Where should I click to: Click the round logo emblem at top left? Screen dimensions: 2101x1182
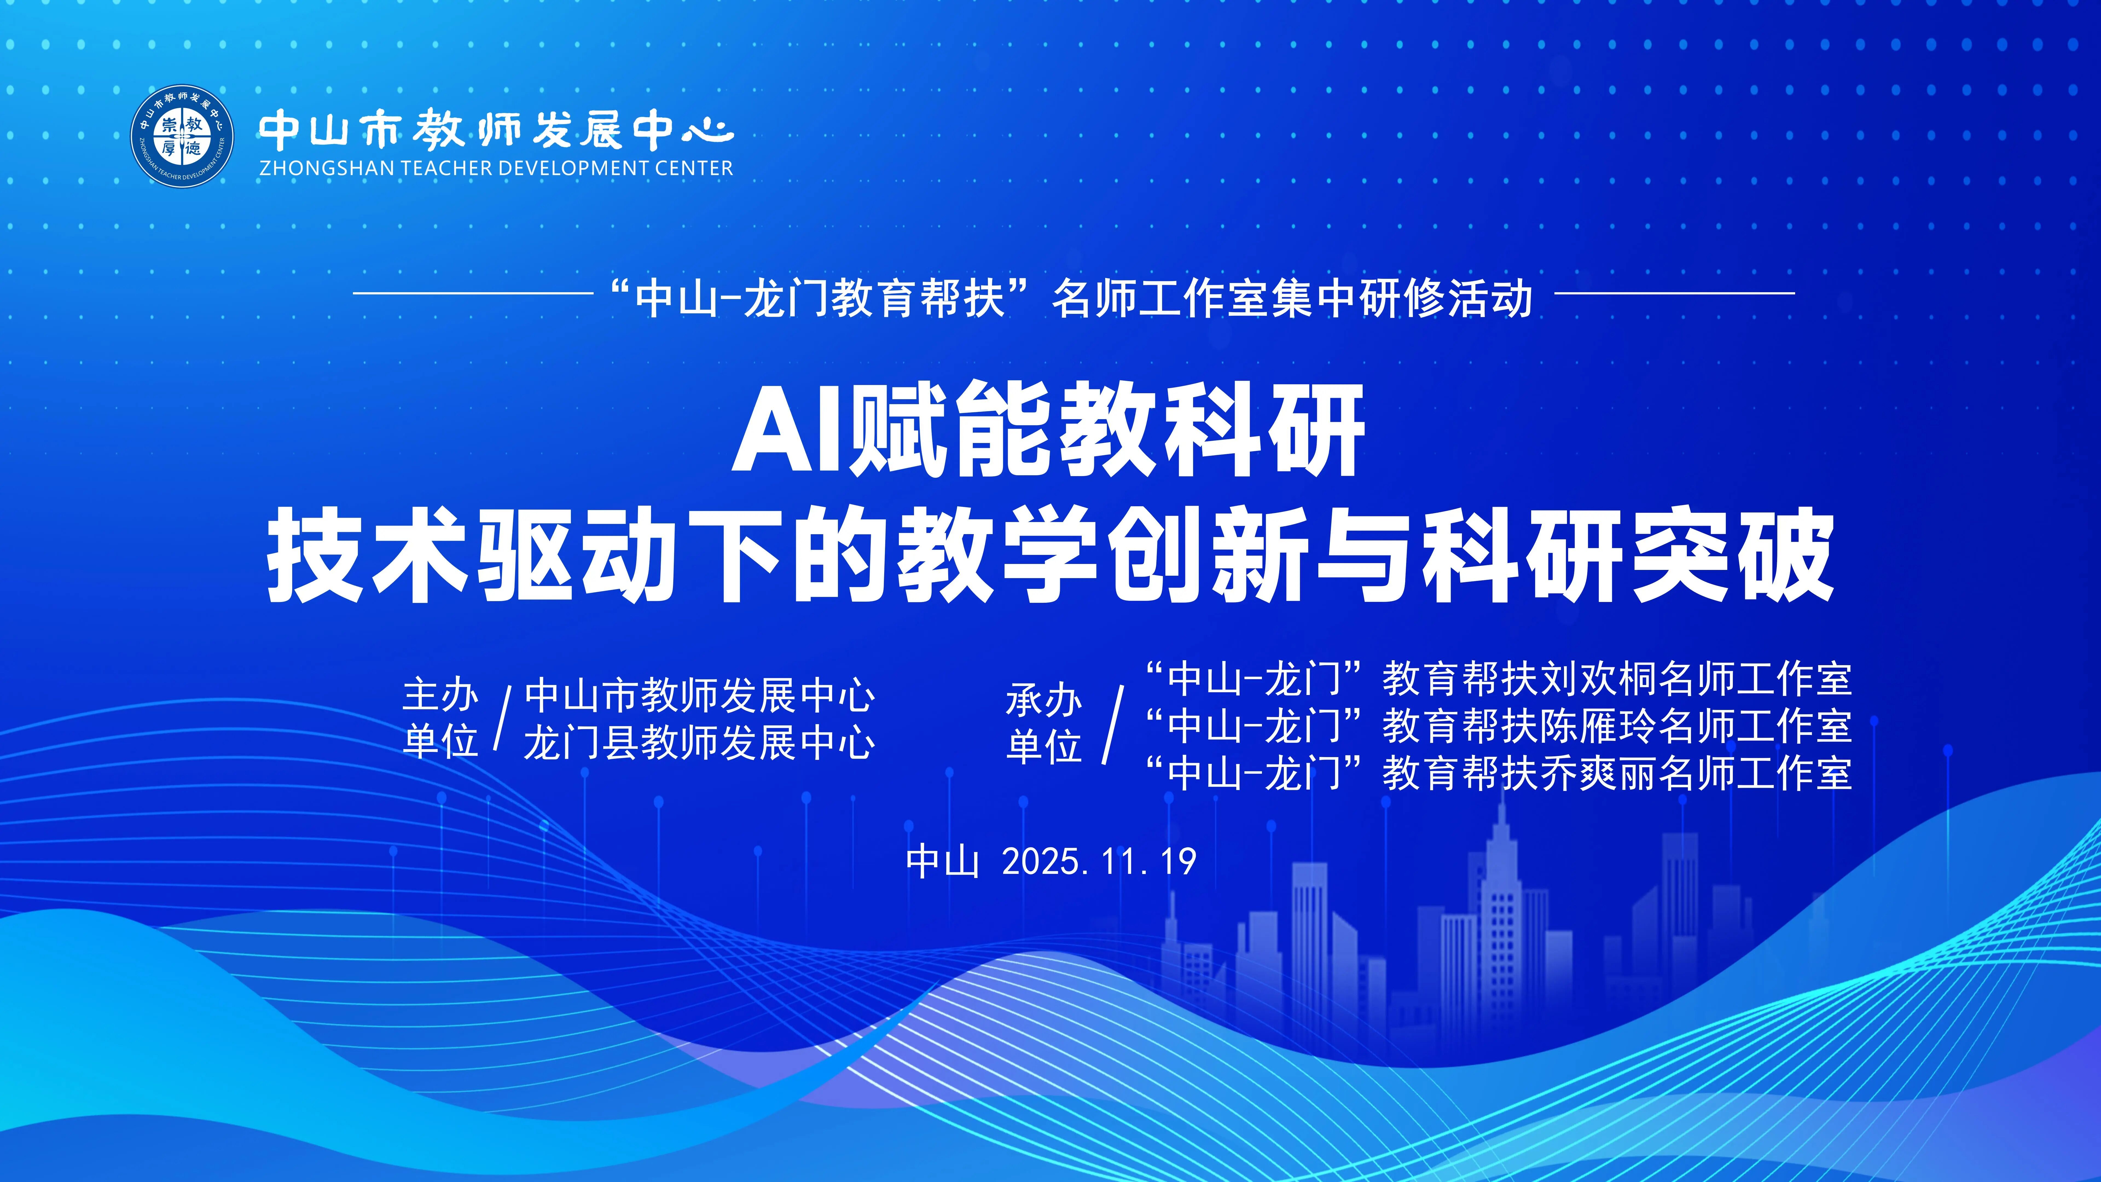coord(183,136)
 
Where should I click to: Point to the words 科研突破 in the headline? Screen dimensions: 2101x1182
coord(1627,555)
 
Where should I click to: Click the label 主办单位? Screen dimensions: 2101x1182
coord(440,719)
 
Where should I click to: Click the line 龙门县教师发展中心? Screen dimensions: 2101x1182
coord(700,742)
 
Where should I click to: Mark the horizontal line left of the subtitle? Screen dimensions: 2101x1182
coord(473,293)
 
